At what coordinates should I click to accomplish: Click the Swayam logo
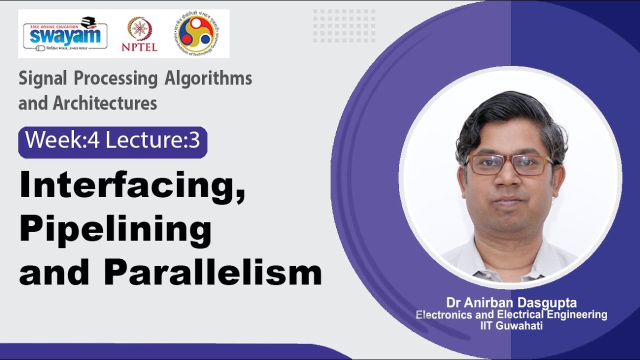pos(65,33)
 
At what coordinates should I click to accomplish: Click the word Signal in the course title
pos(42,78)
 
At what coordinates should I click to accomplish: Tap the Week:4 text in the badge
pos(62,141)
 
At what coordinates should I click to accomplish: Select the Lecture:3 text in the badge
pos(152,141)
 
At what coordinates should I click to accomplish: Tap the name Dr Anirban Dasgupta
pos(511,302)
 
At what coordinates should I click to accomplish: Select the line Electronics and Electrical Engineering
pos(511,314)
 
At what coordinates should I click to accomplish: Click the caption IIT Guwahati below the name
pos(511,325)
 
